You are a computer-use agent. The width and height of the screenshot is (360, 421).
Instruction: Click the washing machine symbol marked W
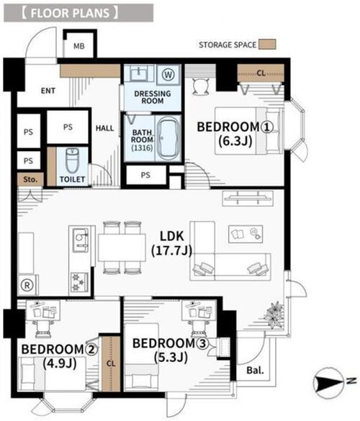click(168, 74)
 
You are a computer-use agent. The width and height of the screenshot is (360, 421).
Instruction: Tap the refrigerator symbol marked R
click(27, 286)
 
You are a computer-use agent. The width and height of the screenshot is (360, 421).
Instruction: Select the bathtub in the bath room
click(168, 139)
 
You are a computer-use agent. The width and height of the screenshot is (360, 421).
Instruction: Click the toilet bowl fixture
click(72, 161)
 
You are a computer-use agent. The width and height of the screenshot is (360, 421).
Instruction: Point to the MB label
click(79, 46)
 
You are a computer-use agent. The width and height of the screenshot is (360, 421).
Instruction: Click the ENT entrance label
click(48, 91)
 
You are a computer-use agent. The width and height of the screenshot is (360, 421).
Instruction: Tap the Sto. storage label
click(30, 179)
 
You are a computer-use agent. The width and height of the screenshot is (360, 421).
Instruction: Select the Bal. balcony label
click(255, 371)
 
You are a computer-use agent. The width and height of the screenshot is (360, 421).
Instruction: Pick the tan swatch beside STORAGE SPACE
click(267, 45)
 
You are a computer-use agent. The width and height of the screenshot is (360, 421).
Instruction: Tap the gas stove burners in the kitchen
click(79, 282)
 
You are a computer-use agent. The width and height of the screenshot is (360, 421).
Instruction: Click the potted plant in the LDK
click(274, 314)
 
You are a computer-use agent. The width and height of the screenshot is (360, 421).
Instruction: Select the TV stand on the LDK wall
click(248, 199)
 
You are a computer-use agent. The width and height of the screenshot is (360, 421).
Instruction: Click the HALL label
click(105, 128)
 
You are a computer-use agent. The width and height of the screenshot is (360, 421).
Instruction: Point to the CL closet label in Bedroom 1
click(261, 73)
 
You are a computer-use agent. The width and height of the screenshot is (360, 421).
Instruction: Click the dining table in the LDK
click(122, 248)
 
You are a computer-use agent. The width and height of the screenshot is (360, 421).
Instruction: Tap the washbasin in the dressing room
click(139, 73)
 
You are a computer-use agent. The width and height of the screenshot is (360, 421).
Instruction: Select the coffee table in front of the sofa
click(246, 234)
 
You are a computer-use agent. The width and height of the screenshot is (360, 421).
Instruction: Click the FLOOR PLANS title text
click(70, 13)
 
